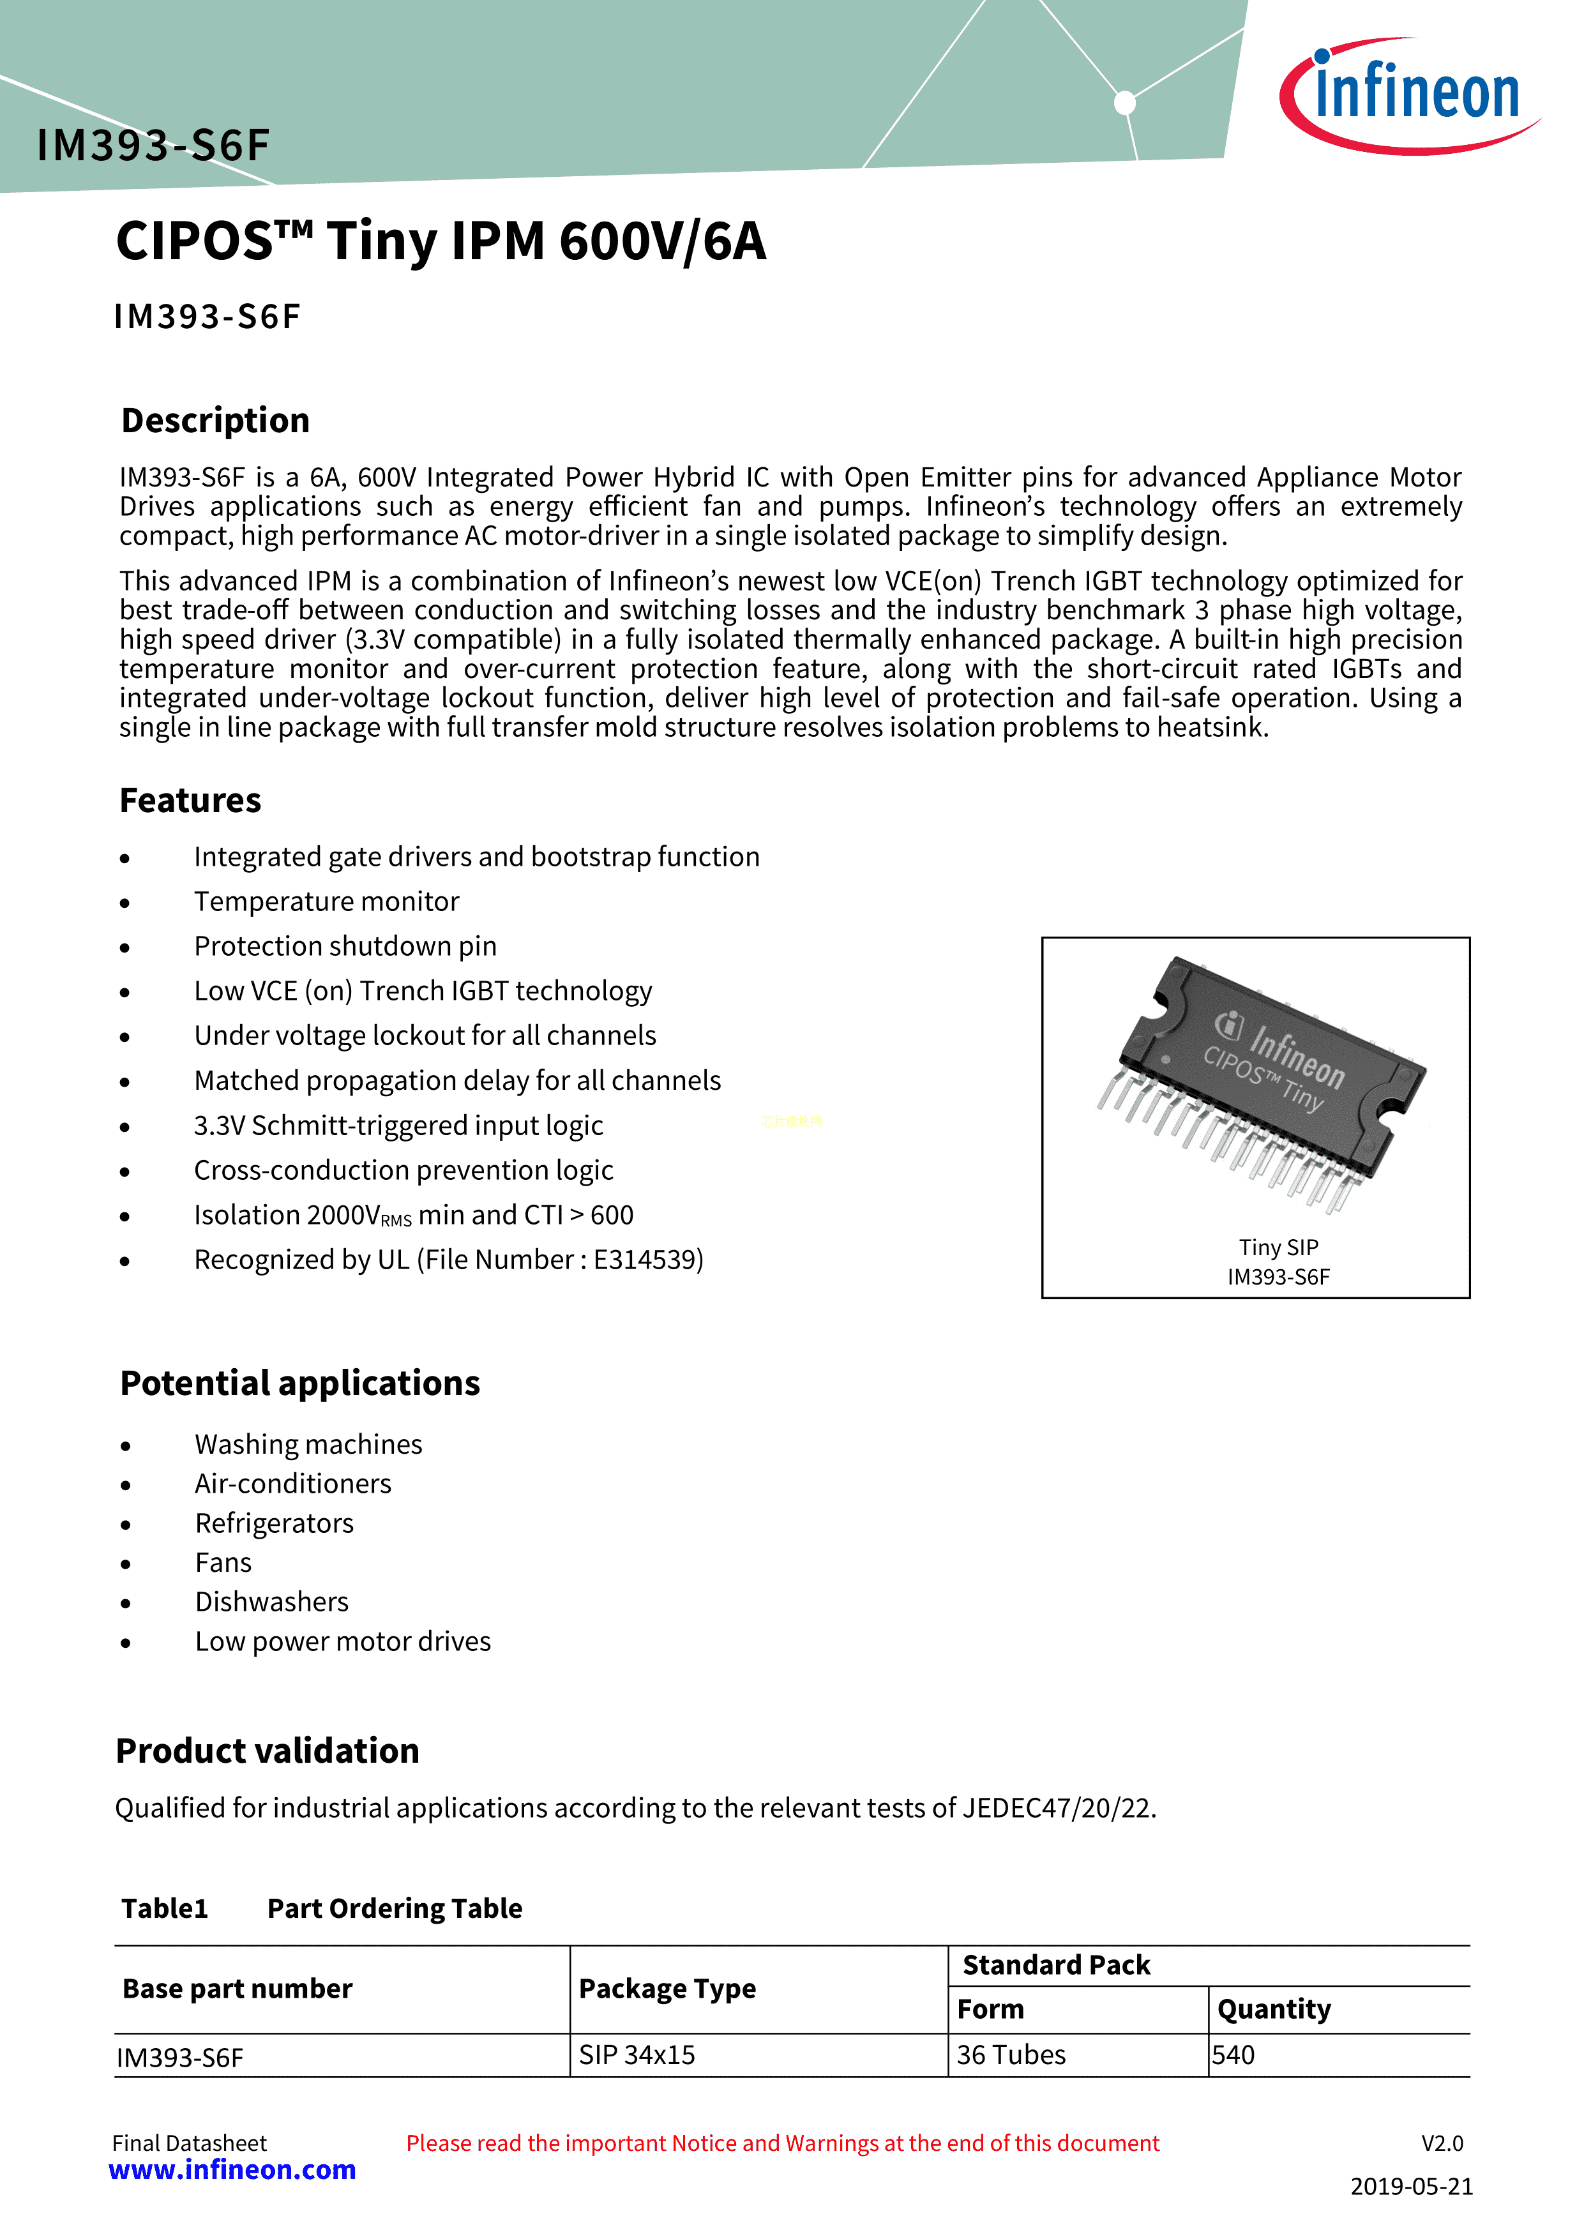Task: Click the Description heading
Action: pyautogui.click(x=216, y=420)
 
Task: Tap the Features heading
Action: pyautogui.click(x=190, y=801)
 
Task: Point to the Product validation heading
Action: pyautogui.click(x=268, y=1751)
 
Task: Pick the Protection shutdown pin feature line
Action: pyautogui.click(x=345, y=946)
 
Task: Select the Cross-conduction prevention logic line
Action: pyautogui.click(x=404, y=1170)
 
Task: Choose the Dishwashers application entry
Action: pyautogui.click(x=271, y=1602)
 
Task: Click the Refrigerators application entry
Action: pyautogui.click(x=274, y=1523)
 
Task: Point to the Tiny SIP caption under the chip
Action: pyautogui.click(x=1278, y=1248)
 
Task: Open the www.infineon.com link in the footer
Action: pyautogui.click(x=232, y=2170)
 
